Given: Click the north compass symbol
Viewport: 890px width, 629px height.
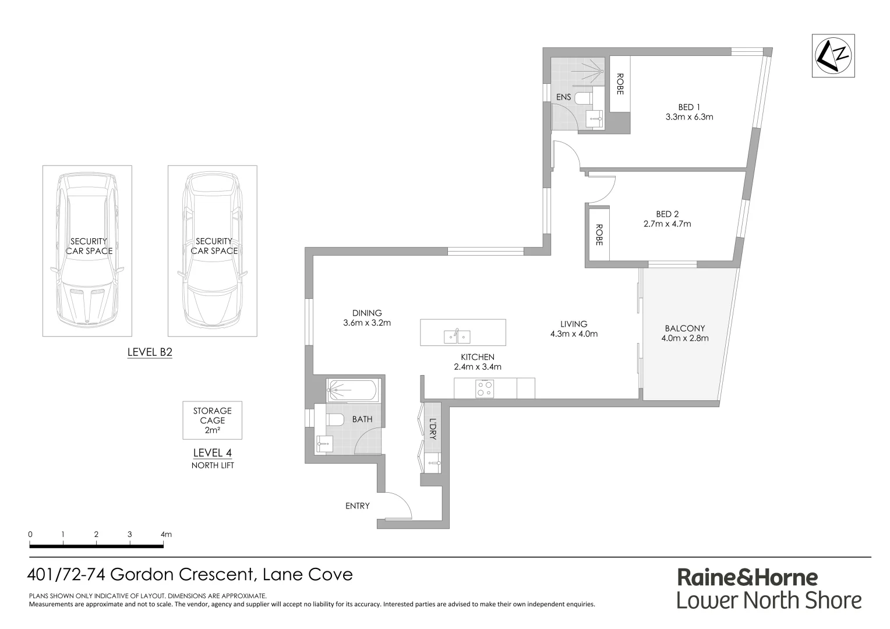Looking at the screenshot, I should (x=834, y=56).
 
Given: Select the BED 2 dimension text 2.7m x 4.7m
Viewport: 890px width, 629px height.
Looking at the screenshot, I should (x=667, y=224).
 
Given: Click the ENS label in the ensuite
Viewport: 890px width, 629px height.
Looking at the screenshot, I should (x=563, y=97).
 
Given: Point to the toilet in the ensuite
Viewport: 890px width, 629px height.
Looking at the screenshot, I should (x=582, y=98).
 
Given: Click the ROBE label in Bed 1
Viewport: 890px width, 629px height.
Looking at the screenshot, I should (x=620, y=84).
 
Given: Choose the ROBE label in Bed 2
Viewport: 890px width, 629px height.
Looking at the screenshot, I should (x=599, y=234).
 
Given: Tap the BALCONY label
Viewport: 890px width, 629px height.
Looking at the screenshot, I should (x=684, y=328).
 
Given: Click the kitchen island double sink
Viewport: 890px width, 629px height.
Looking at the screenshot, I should (x=457, y=336).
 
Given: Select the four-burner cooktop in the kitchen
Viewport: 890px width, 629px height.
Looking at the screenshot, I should (x=485, y=388).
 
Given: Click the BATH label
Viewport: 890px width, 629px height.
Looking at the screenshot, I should (x=362, y=419).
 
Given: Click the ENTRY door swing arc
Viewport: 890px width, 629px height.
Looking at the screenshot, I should (x=401, y=503).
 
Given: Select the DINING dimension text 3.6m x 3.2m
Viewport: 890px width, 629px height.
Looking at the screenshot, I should (x=367, y=323).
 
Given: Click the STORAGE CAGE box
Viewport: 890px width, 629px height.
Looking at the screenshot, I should (x=212, y=420).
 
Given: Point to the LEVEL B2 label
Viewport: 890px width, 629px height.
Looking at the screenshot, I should (x=150, y=352).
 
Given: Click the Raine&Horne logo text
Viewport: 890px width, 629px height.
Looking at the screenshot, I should (x=747, y=577).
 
